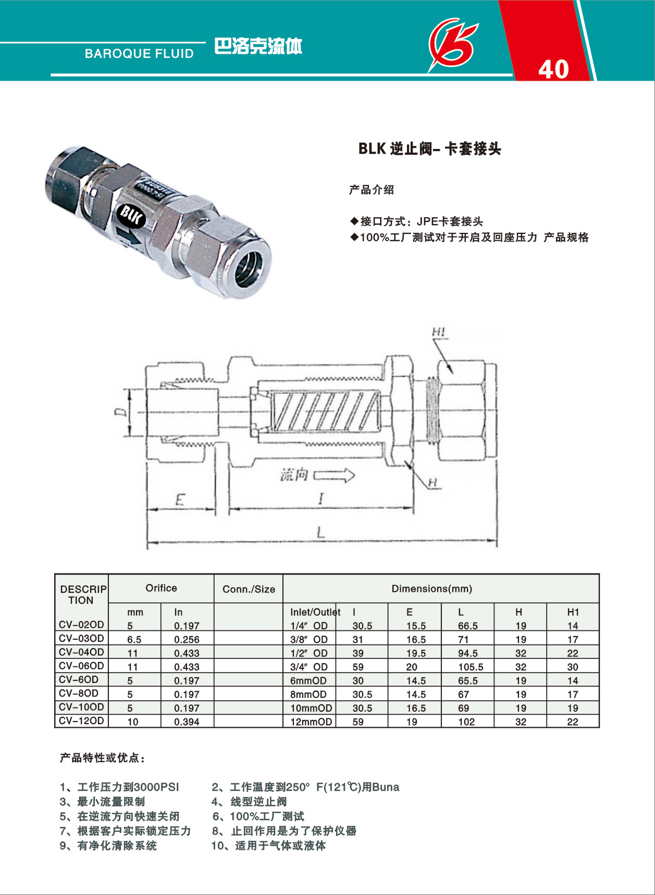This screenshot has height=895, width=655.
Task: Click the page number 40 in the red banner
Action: click(553, 69)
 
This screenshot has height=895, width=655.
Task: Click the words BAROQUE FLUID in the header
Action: click(139, 54)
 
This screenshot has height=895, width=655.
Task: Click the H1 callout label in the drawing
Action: click(438, 332)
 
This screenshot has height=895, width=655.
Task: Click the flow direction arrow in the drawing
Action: click(334, 475)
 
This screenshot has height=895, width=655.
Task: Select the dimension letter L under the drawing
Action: click(321, 532)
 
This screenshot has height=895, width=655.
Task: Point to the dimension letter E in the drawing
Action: click(180, 500)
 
